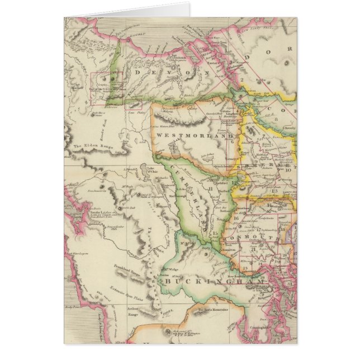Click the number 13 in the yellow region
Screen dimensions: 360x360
point(274,191)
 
